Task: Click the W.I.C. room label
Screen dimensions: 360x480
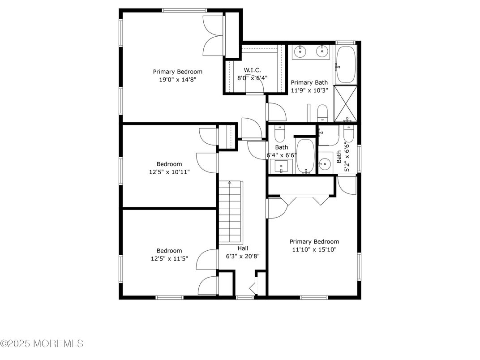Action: [252, 70]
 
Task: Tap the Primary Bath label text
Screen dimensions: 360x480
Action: [309, 82]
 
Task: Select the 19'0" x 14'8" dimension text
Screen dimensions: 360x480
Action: [178, 79]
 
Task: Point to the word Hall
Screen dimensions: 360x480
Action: [243, 248]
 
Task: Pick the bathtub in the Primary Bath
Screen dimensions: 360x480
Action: [346, 65]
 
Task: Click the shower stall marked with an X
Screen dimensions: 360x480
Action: [346, 103]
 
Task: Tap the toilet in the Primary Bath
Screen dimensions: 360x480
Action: [323, 113]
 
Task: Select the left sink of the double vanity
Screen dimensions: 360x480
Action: [299, 52]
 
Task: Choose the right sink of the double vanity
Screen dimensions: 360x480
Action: [322, 52]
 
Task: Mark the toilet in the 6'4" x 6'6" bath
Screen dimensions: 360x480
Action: [280, 133]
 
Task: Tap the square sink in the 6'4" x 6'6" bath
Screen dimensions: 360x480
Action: [281, 166]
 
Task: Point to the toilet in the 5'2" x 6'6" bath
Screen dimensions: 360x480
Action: [348, 133]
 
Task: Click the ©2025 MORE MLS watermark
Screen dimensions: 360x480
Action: [42, 344]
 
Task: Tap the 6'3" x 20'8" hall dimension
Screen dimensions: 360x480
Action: [243, 257]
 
